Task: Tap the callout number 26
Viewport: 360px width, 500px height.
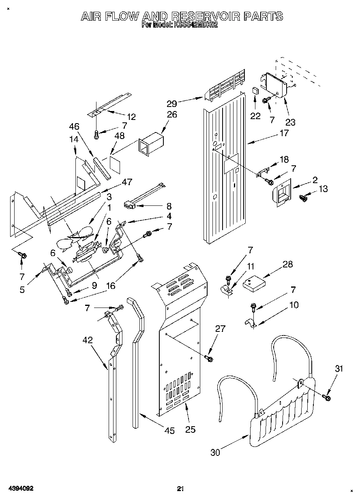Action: click(x=172, y=115)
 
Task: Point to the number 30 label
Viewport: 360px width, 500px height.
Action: click(x=215, y=452)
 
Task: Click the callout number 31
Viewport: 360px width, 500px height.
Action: click(x=339, y=369)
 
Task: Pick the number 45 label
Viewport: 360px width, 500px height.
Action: click(x=170, y=431)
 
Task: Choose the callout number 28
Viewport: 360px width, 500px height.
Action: click(x=287, y=265)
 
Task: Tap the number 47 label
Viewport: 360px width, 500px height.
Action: click(x=127, y=182)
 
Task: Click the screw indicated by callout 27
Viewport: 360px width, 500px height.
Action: click(x=209, y=358)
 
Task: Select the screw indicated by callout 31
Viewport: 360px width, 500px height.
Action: click(x=327, y=398)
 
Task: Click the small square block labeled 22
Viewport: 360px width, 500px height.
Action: click(x=255, y=91)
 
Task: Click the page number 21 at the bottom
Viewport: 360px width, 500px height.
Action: click(x=181, y=489)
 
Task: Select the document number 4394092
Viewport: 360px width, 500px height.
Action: click(x=20, y=489)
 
